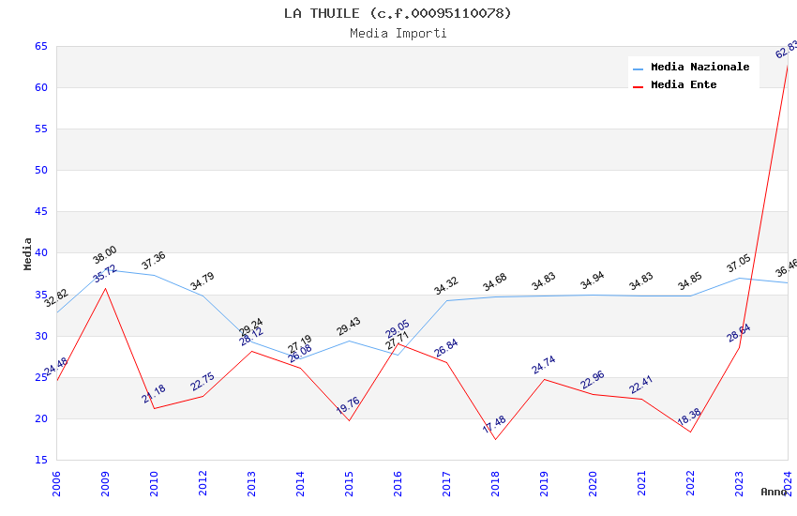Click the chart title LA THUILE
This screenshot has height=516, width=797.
point(398,13)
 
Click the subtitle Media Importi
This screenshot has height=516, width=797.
point(398,33)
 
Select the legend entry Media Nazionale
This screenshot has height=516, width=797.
point(699,67)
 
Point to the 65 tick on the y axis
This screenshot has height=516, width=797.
point(41,46)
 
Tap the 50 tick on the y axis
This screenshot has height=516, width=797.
point(41,170)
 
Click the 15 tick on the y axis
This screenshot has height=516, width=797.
point(41,460)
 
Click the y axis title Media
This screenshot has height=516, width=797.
point(28,253)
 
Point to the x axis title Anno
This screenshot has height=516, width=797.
point(774,492)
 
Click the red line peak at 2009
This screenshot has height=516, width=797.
point(105,288)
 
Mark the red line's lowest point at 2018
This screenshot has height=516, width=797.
point(495,439)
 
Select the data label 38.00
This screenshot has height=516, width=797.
point(104,254)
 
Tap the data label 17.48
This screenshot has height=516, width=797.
point(494,424)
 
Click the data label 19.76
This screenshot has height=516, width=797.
point(348,405)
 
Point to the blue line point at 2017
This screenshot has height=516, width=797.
point(446,300)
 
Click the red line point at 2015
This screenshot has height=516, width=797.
point(349,420)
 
